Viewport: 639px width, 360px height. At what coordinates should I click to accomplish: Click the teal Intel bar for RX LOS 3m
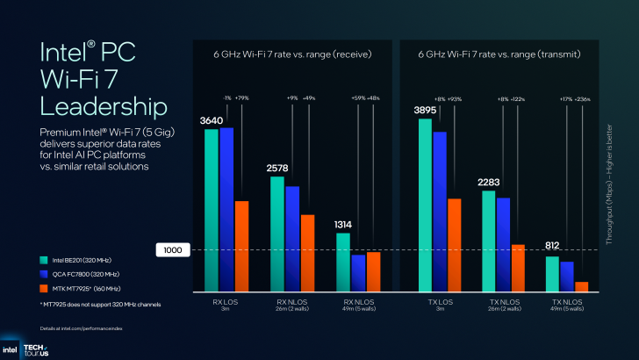pyautogui.click(x=212, y=209)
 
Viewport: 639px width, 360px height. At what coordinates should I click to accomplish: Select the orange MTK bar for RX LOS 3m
pyautogui.click(x=241, y=245)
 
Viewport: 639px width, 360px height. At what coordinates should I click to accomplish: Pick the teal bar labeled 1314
pyautogui.click(x=343, y=261)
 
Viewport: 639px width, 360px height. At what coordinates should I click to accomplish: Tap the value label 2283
pyautogui.click(x=488, y=182)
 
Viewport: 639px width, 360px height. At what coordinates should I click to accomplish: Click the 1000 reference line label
pyautogui.click(x=172, y=250)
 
